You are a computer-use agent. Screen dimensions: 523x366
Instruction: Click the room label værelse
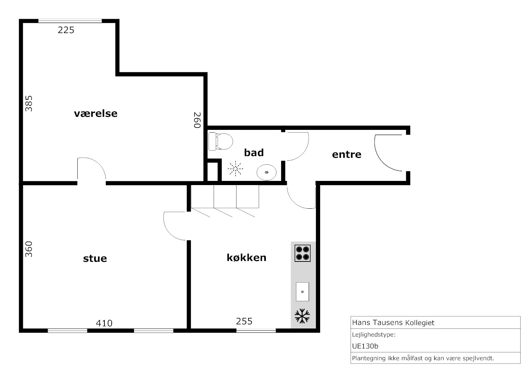tap(96, 114)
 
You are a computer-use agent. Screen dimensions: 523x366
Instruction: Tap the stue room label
tap(95, 258)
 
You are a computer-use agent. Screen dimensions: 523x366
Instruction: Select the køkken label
tap(247, 257)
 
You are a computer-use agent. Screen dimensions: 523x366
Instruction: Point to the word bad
tap(254, 153)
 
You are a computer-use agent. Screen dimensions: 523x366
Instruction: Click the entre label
tap(347, 154)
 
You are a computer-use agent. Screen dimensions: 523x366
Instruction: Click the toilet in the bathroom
tap(221, 141)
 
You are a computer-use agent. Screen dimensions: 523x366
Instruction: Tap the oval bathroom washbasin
tap(266, 173)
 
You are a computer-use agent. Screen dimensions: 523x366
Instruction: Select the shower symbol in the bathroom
tap(235, 168)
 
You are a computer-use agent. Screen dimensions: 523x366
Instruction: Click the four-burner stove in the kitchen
tap(302, 253)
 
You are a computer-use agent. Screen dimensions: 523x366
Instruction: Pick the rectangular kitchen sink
tap(302, 292)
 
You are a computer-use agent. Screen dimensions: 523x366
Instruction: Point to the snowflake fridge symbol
tap(302, 316)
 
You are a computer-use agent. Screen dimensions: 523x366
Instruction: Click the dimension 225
tap(66, 30)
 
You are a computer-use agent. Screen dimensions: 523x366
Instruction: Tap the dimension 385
tap(29, 103)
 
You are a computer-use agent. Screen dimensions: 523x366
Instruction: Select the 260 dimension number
tap(198, 120)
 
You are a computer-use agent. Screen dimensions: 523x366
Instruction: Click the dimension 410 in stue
tap(104, 323)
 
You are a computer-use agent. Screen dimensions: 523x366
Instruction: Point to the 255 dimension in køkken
tap(244, 321)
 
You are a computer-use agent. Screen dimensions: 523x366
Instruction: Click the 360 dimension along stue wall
tap(29, 249)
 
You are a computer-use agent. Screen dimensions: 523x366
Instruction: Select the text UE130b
tap(365, 346)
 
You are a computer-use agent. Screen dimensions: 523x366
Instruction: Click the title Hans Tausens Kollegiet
tap(393, 323)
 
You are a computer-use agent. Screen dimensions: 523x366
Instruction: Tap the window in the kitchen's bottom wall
tap(256, 331)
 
